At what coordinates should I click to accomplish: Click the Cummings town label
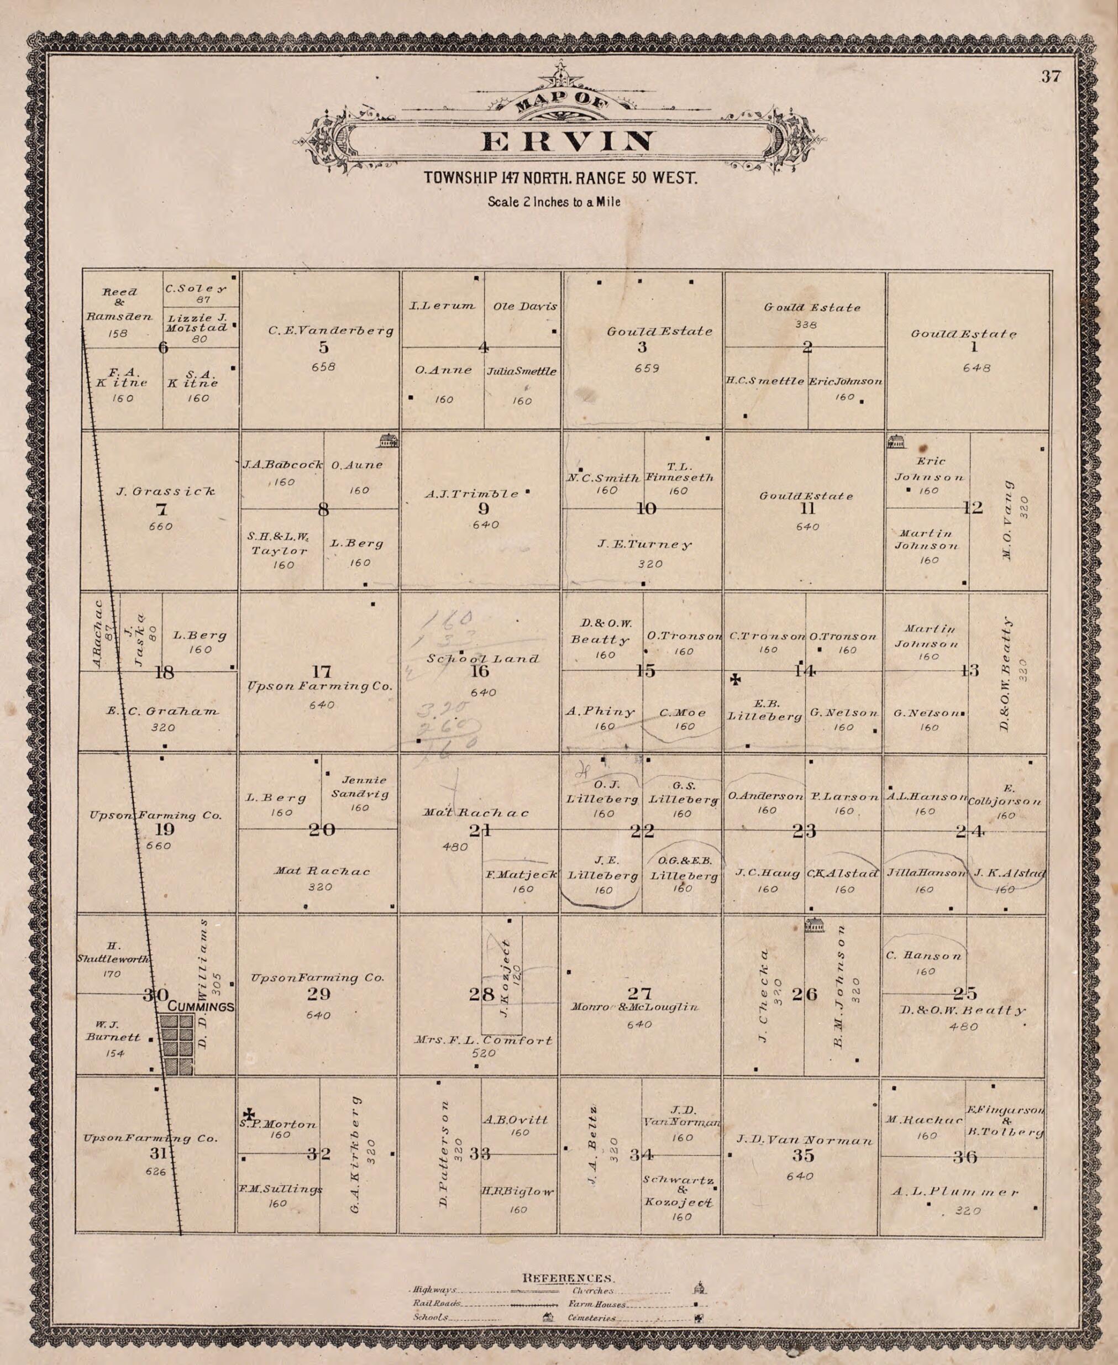click(200, 1006)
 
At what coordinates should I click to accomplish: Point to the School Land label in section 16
click(483, 659)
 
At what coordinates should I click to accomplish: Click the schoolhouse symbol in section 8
click(389, 440)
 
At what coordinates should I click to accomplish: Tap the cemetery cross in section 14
click(735, 679)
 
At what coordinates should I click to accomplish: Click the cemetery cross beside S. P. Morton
click(249, 1114)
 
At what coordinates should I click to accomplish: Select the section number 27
click(639, 993)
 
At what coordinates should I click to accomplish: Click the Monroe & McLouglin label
click(634, 1006)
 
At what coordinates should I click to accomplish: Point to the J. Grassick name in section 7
click(165, 492)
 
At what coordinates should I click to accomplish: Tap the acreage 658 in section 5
click(323, 366)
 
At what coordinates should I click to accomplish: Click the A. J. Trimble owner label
click(471, 495)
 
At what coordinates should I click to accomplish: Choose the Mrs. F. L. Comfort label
click(484, 1040)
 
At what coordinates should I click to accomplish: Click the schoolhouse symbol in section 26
click(815, 925)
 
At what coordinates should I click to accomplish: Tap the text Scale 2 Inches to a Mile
click(554, 202)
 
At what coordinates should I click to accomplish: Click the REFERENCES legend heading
click(566, 1278)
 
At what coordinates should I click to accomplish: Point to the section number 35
click(802, 1155)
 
